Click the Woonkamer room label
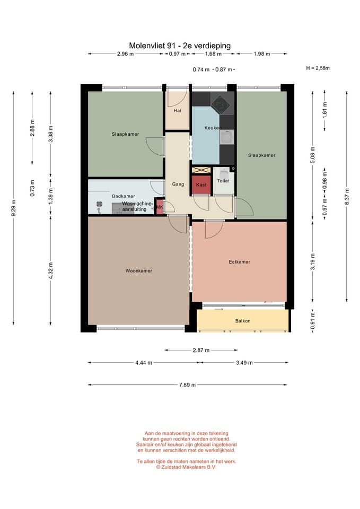coord(138,271)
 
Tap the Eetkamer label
coord(239,261)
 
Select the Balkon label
coord(242,321)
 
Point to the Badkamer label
coord(124,196)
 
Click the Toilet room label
coord(223,181)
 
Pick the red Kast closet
coord(201,185)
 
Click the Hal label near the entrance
coord(177,111)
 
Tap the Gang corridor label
coord(178,184)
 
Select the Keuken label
coord(213,128)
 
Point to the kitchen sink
coord(227,137)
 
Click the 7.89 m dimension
coord(187,385)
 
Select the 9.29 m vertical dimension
coord(14,208)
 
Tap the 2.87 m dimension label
coord(201,350)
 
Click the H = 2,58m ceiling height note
coord(318,68)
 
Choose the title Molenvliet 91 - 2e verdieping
coord(180,46)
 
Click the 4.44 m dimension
coord(144,363)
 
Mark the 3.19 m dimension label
coord(313,262)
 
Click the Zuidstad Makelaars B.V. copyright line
coord(186,467)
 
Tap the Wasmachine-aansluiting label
coord(137,206)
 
